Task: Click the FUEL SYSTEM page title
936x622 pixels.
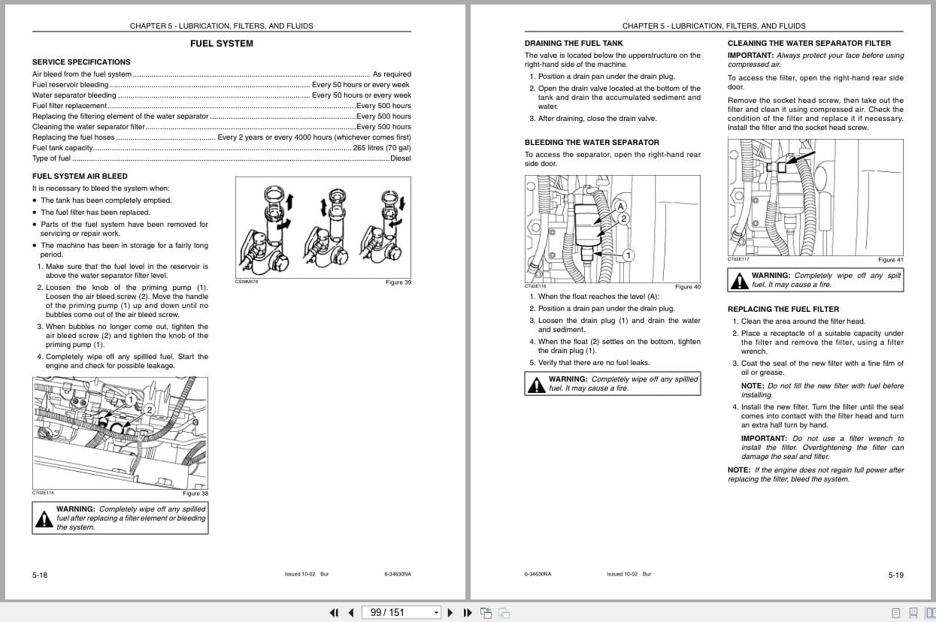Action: (221, 44)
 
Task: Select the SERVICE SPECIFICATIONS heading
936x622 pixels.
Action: (81, 62)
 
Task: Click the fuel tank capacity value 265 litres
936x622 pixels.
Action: (382, 148)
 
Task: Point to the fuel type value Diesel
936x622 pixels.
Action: (400, 159)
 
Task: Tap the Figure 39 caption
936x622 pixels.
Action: (398, 282)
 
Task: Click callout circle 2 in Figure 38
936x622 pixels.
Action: (149, 409)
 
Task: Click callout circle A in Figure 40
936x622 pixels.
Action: (620, 206)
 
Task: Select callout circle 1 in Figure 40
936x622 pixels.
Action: (628, 255)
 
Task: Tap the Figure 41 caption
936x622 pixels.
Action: (890, 260)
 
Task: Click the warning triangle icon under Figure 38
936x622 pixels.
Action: (44, 518)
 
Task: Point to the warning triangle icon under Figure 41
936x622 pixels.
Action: (740, 281)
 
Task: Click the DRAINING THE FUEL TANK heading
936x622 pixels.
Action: (574, 44)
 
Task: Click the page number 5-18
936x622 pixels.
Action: (40, 575)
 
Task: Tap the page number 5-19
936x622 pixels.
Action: (895, 575)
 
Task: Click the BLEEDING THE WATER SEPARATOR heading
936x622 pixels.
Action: (591, 142)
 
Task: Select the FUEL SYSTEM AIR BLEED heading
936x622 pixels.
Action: (80, 176)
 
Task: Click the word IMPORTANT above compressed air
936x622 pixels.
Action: (750, 56)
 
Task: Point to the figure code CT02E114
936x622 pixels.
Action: (43, 493)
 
